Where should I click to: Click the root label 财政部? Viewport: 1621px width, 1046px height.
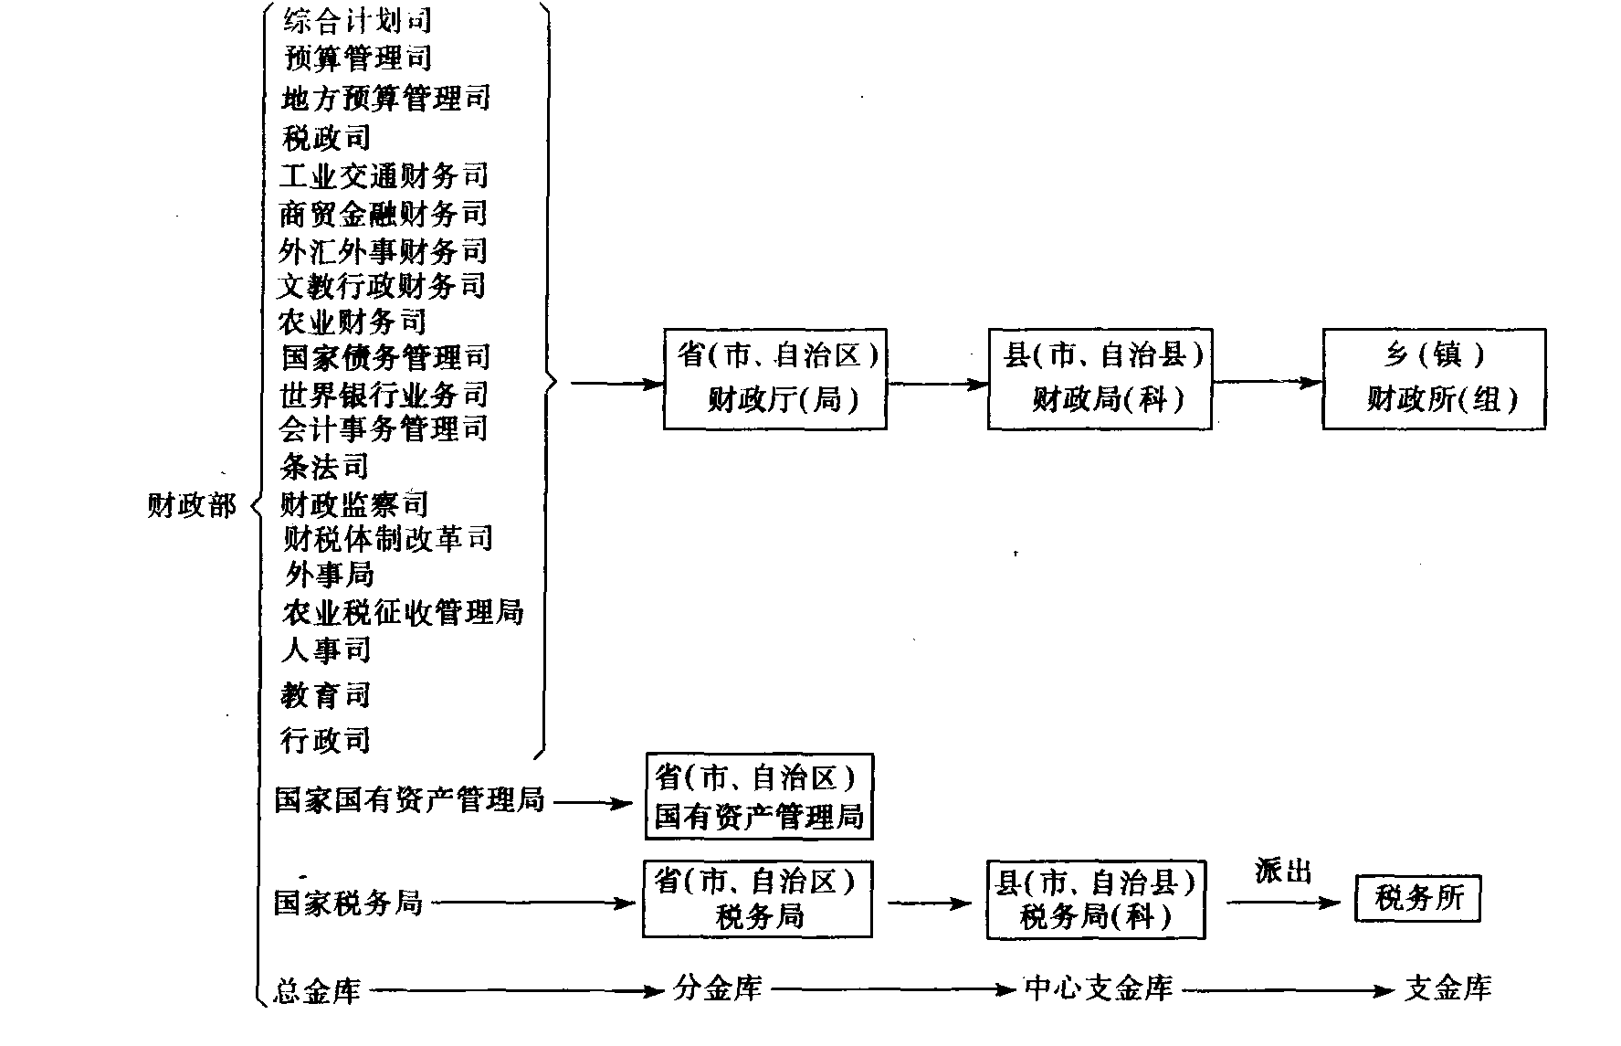tap(192, 505)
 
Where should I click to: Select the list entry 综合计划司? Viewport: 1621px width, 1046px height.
tap(357, 19)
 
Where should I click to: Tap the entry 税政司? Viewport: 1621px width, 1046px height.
tap(326, 137)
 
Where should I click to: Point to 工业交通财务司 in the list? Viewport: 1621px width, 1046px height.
tap(384, 174)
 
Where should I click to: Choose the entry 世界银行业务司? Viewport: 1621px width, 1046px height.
tap(384, 394)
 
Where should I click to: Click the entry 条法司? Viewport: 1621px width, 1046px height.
tap(325, 466)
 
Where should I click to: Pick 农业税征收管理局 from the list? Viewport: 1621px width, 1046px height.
tap(403, 611)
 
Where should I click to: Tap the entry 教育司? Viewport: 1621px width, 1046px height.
tap(326, 695)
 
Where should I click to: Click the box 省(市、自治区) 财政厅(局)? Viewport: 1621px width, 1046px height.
tap(774, 378)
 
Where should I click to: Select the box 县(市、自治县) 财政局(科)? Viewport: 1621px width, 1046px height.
tap(1100, 378)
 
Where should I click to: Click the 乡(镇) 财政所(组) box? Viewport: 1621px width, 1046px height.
tap(1434, 378)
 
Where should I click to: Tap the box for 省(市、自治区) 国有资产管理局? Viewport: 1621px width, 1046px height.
tap(759, 796)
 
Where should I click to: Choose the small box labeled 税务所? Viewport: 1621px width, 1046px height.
tap(1417, 899)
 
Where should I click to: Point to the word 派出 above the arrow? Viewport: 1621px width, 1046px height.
tap(1283, 872)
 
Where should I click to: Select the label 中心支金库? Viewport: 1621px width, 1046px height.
tap(1099, 988)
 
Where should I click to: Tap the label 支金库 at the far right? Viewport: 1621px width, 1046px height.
tap(1447, 988)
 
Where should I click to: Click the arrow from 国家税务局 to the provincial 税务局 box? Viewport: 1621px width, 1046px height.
tap(532, 903)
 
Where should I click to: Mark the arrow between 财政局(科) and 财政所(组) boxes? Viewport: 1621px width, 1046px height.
tap(1268, 383)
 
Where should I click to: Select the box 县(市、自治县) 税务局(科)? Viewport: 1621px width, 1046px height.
tap(1096, 899)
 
